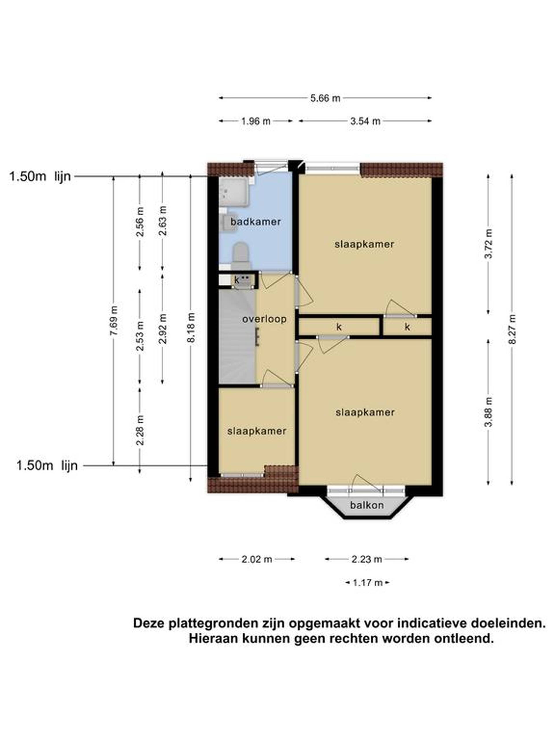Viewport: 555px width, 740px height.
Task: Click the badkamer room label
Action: pos(256,221)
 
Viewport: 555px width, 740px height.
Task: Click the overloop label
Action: pos(264,319)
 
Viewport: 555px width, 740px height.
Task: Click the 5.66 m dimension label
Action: pos(325,98)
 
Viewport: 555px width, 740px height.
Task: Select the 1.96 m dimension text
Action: pos(256,121)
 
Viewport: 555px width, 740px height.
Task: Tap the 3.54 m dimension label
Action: pos(365,121)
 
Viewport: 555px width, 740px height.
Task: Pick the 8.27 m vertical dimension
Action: pos(512,329)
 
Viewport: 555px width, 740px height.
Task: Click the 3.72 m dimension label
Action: pos(489,244)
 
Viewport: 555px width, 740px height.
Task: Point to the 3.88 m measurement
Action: pos(489,412)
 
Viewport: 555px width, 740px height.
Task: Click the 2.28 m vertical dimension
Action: pos(140,430)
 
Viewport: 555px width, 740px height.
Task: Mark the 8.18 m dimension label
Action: pos(191,328)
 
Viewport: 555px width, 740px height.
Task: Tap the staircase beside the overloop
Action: pos(237,336)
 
